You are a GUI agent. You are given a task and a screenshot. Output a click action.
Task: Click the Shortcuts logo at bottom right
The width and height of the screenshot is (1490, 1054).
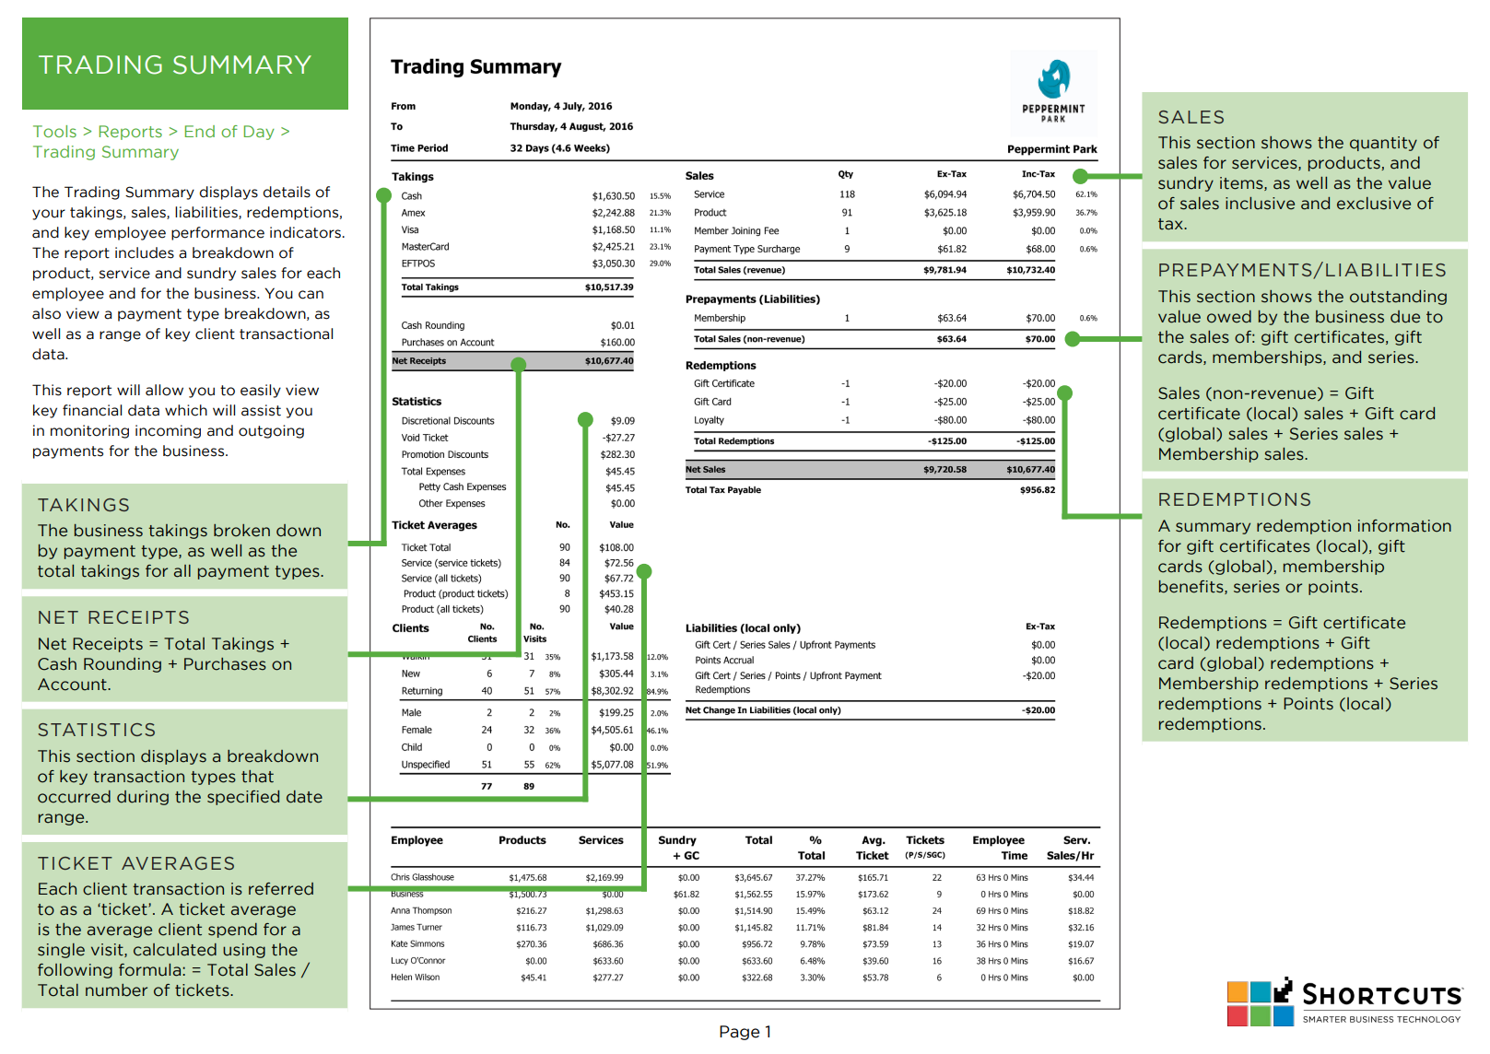1344,1002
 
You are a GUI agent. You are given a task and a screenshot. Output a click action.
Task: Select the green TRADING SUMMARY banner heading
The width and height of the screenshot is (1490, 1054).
175,64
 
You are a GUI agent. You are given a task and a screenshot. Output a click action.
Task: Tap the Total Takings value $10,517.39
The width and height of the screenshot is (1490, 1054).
609,287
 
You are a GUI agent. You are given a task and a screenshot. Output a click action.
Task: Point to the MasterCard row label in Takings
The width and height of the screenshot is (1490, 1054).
425,247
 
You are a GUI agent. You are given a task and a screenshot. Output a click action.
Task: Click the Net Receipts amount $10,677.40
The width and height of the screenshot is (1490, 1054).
609,361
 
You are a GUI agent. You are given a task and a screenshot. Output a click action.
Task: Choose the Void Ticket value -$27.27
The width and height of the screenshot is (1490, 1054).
618,438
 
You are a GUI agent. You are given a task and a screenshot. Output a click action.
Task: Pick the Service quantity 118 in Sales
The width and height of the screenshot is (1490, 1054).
847,194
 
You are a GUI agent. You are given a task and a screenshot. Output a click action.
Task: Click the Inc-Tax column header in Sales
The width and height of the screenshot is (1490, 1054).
1038,174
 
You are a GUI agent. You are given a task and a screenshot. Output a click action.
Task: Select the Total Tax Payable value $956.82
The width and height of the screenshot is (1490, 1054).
1037,490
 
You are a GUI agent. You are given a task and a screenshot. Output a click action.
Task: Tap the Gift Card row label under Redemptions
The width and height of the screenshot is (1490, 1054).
712,402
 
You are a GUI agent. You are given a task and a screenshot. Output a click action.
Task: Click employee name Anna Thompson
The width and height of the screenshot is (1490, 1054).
421,911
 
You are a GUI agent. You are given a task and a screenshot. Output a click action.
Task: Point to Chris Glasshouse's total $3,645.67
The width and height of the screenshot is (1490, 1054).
753,878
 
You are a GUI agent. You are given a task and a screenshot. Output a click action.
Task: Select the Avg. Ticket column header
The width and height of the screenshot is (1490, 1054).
872,848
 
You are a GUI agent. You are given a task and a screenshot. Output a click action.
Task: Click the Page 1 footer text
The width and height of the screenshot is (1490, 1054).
745,1032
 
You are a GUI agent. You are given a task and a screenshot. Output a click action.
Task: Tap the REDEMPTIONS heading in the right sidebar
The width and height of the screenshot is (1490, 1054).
1234,499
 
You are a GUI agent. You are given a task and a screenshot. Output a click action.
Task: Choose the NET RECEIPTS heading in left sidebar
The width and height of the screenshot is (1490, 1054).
113,617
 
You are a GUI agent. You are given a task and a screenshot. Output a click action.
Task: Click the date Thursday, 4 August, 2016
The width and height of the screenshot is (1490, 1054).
571,127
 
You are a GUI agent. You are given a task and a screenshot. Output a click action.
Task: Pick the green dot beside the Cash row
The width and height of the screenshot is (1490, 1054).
383,195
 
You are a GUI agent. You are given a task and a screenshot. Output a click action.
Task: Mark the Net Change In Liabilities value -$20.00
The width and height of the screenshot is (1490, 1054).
1038,710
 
